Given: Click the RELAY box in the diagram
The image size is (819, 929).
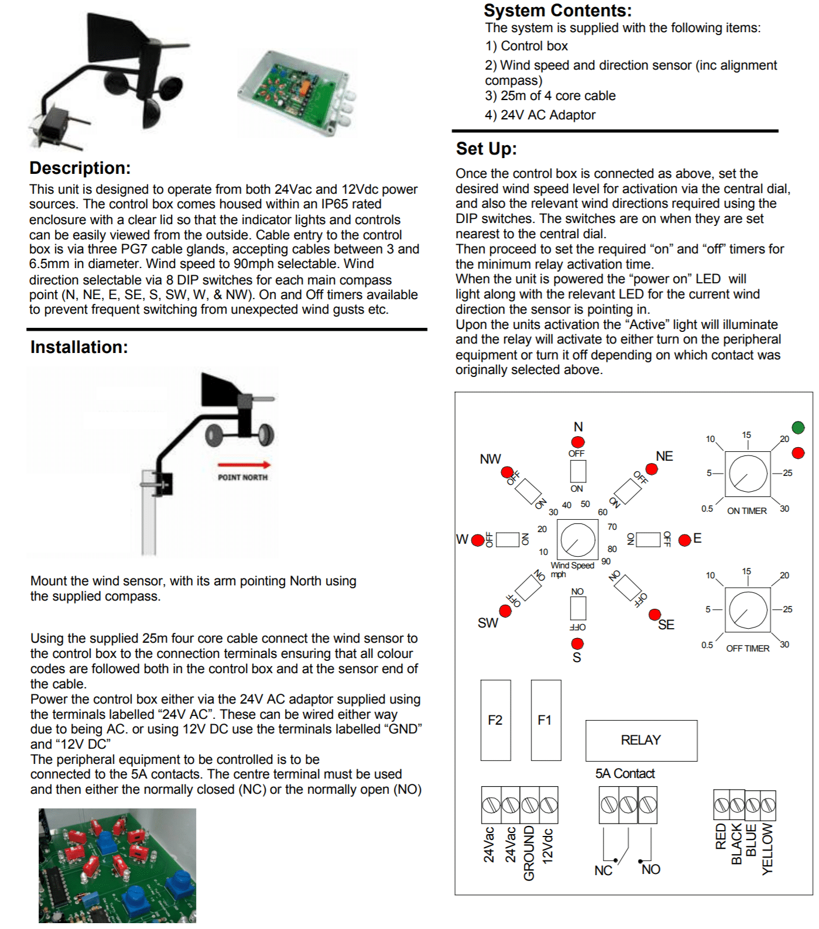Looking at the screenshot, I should (x=641, y=740).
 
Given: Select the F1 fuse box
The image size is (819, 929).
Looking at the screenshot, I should (x=545, y=720).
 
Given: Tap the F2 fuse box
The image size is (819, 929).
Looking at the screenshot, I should (x=495, y=720).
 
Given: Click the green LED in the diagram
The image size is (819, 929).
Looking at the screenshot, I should (x=798, y=427).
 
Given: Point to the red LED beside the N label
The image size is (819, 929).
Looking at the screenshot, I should (x=578, y=442).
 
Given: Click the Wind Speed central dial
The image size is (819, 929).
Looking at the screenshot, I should (x=578, y=540).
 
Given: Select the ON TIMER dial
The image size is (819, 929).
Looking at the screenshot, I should (x=748, y=474).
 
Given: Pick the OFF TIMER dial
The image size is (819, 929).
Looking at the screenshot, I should (x=748, y=611).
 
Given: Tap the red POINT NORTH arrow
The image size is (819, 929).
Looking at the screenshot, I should (x=244, y=465).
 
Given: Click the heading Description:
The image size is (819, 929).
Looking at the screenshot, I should (x=80, y=168).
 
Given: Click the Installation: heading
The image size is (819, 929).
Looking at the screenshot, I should (x=79, y=347).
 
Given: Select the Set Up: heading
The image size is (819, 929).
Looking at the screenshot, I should (x=486, y=149).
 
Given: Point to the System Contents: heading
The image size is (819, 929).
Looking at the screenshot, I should (x=557, y=11).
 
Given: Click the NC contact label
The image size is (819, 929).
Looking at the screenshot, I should (x=603, y=870).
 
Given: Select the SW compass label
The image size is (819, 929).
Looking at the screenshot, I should (x=488, y=623).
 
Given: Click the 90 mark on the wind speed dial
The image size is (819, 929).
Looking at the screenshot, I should (x=606, y=561).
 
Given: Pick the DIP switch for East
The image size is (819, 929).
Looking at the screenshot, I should (x=648, y=539).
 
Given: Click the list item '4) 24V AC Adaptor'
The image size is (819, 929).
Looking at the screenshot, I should (x=540, y=115).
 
